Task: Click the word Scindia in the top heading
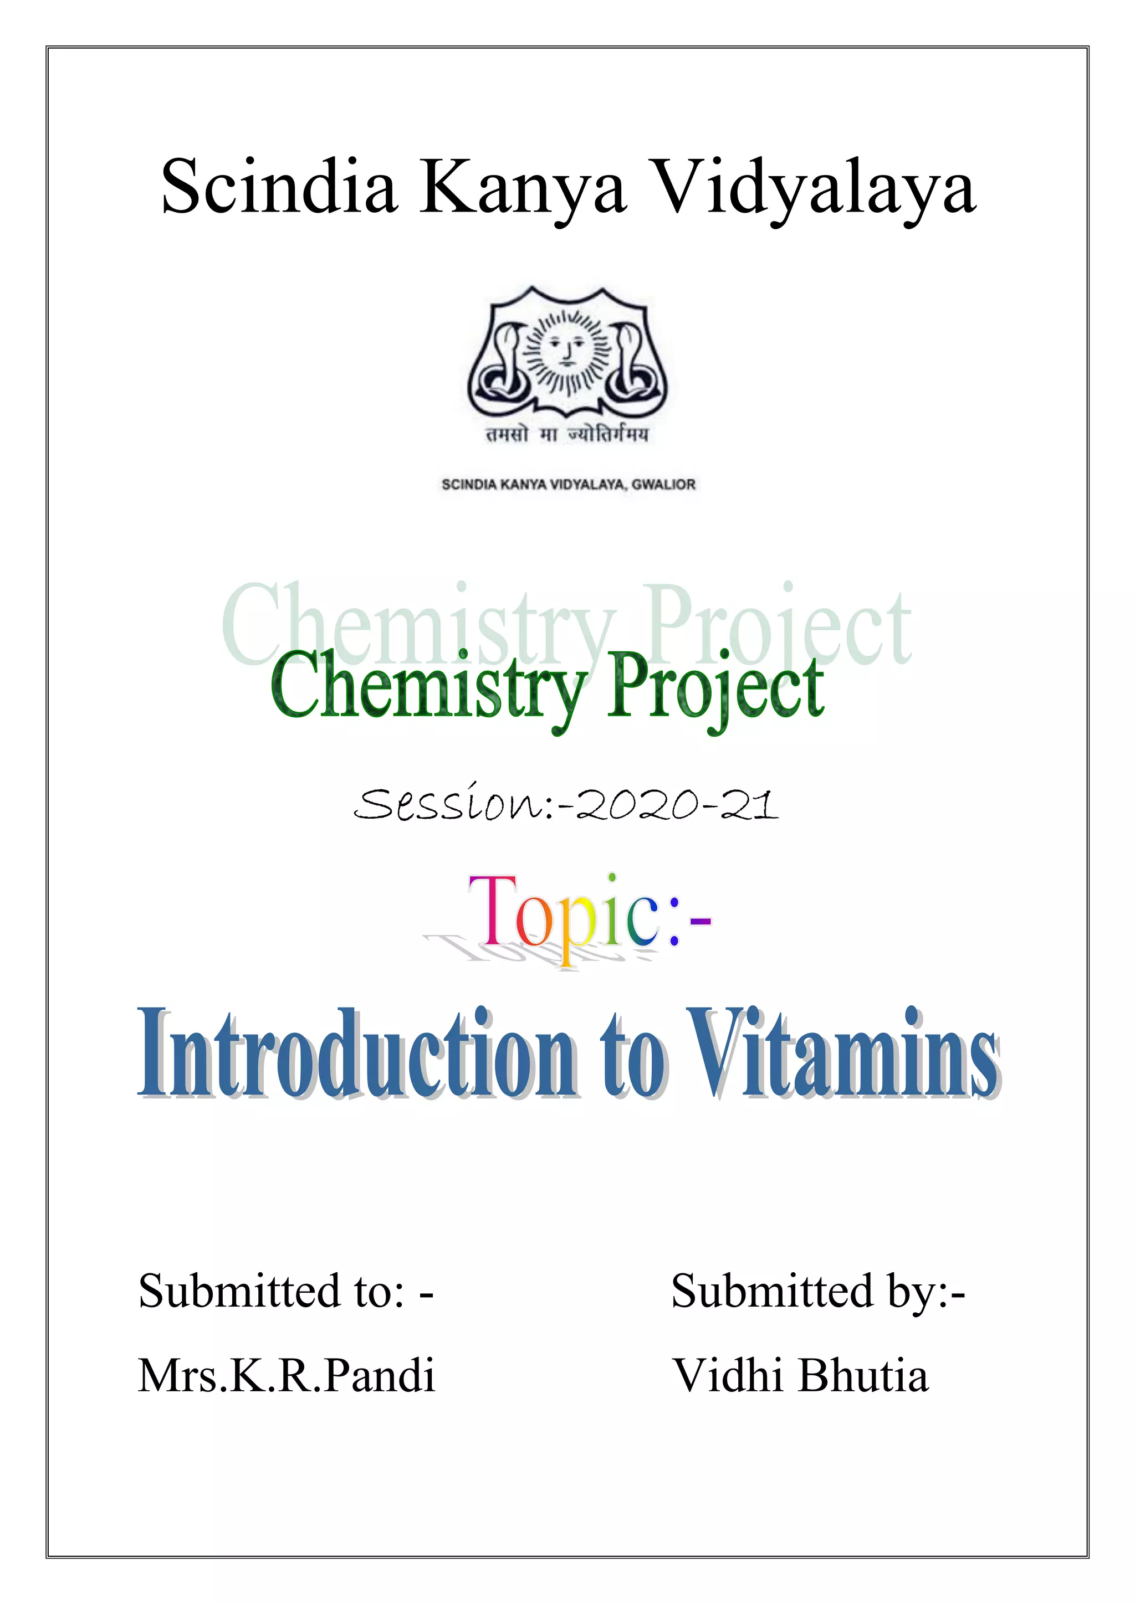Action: pos(278,187)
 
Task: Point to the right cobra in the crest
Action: pos(632,363)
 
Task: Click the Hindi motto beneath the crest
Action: pos(567,435)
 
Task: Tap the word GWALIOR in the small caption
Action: pos(663,485)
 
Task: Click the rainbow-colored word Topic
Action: pos(563,912)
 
